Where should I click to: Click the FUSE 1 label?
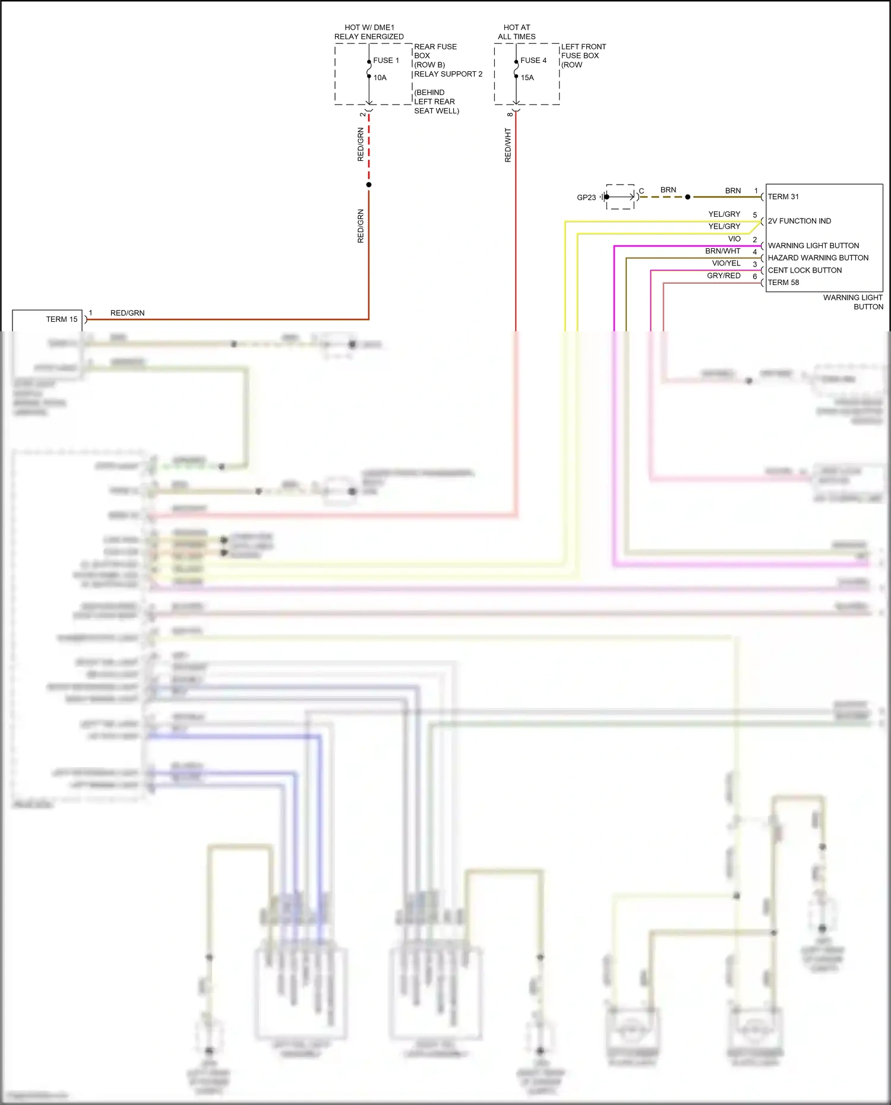tap(386, 61)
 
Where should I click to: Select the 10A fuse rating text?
tap(380, 78)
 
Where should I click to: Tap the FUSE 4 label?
tap(533, 61)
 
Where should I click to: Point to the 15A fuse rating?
tap(527, 78)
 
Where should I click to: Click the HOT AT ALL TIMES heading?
tap(517, 32)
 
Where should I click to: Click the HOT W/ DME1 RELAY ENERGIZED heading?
tap(369, 32)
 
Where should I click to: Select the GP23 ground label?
tap(586, 198)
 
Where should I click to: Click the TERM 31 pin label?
tap(783, 197)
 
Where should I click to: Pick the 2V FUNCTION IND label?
tap(800, 221)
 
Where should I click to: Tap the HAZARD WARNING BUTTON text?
tap(818, 258)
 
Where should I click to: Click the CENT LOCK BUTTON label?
tap(805, 270)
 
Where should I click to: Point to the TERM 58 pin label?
tap(783, 283)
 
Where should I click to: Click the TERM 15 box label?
tap(62, 319)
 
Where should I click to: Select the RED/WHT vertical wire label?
tap(508, 145)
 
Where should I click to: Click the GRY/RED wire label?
tap(723, 276)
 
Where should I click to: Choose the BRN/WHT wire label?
tap(723, 251)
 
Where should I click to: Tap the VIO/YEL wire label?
tap(726, 263)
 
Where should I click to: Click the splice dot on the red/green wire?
tap(369, 185)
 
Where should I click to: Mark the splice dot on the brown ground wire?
tap(688, 197)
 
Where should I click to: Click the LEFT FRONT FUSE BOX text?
tap(583, 51)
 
